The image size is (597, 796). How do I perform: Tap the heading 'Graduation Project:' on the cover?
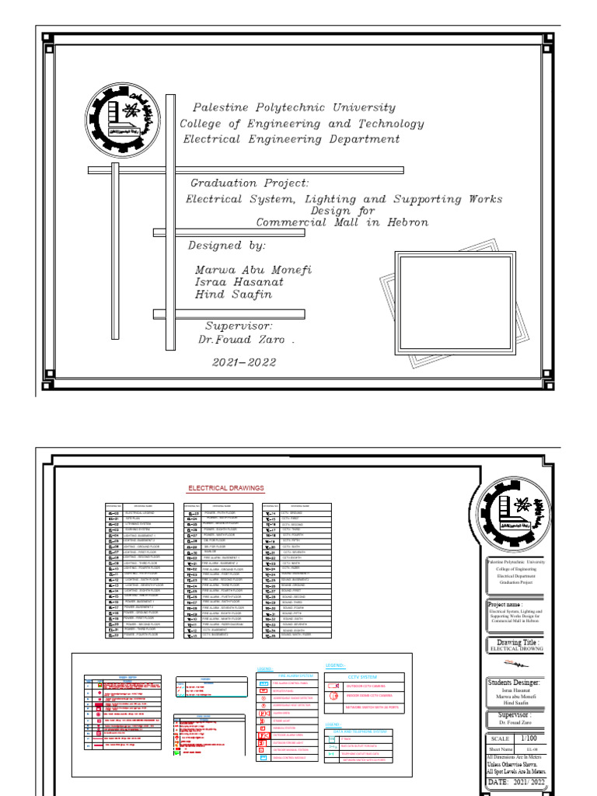250,183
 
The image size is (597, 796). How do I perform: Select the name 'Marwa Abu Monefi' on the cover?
253,269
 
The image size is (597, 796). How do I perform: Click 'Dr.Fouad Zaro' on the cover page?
246,340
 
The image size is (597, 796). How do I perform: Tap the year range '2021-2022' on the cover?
246,362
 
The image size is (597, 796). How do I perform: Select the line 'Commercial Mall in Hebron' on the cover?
342,222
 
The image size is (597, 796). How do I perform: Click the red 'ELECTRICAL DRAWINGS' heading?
226,488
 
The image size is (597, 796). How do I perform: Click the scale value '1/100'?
528,738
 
